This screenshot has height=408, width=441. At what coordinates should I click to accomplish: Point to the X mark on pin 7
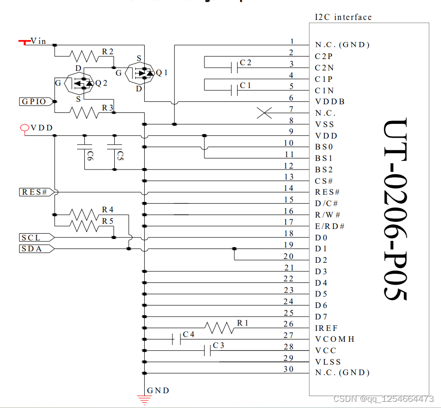pyautogui.click(x=264, y=113)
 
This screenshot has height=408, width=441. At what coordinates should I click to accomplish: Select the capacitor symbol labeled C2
pyautogui.click(x=234, y=67)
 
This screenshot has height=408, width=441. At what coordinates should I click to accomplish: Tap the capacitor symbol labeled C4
pyautogui.click(x=174, y=339)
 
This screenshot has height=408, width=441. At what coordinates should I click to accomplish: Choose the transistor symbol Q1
pyautogui.click(x=140, y=72)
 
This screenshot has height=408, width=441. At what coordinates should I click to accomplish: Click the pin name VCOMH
pyautogui.click(x=335, y=339)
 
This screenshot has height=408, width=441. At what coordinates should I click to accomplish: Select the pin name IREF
pyautogui.click(x=326, y=328)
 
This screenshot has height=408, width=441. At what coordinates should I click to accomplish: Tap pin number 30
pyautogui.click(x=289, y=369)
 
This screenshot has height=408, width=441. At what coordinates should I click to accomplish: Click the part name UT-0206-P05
pyautogui.click(x=395, y=209)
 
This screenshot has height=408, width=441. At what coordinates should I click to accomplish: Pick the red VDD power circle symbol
pyautogui.click(x=24, y=128)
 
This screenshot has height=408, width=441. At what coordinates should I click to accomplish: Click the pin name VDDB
pyautogui.click(x=330, y=102)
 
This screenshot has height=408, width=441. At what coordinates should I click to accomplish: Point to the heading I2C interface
pyautogui.click(x=343, y=17)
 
